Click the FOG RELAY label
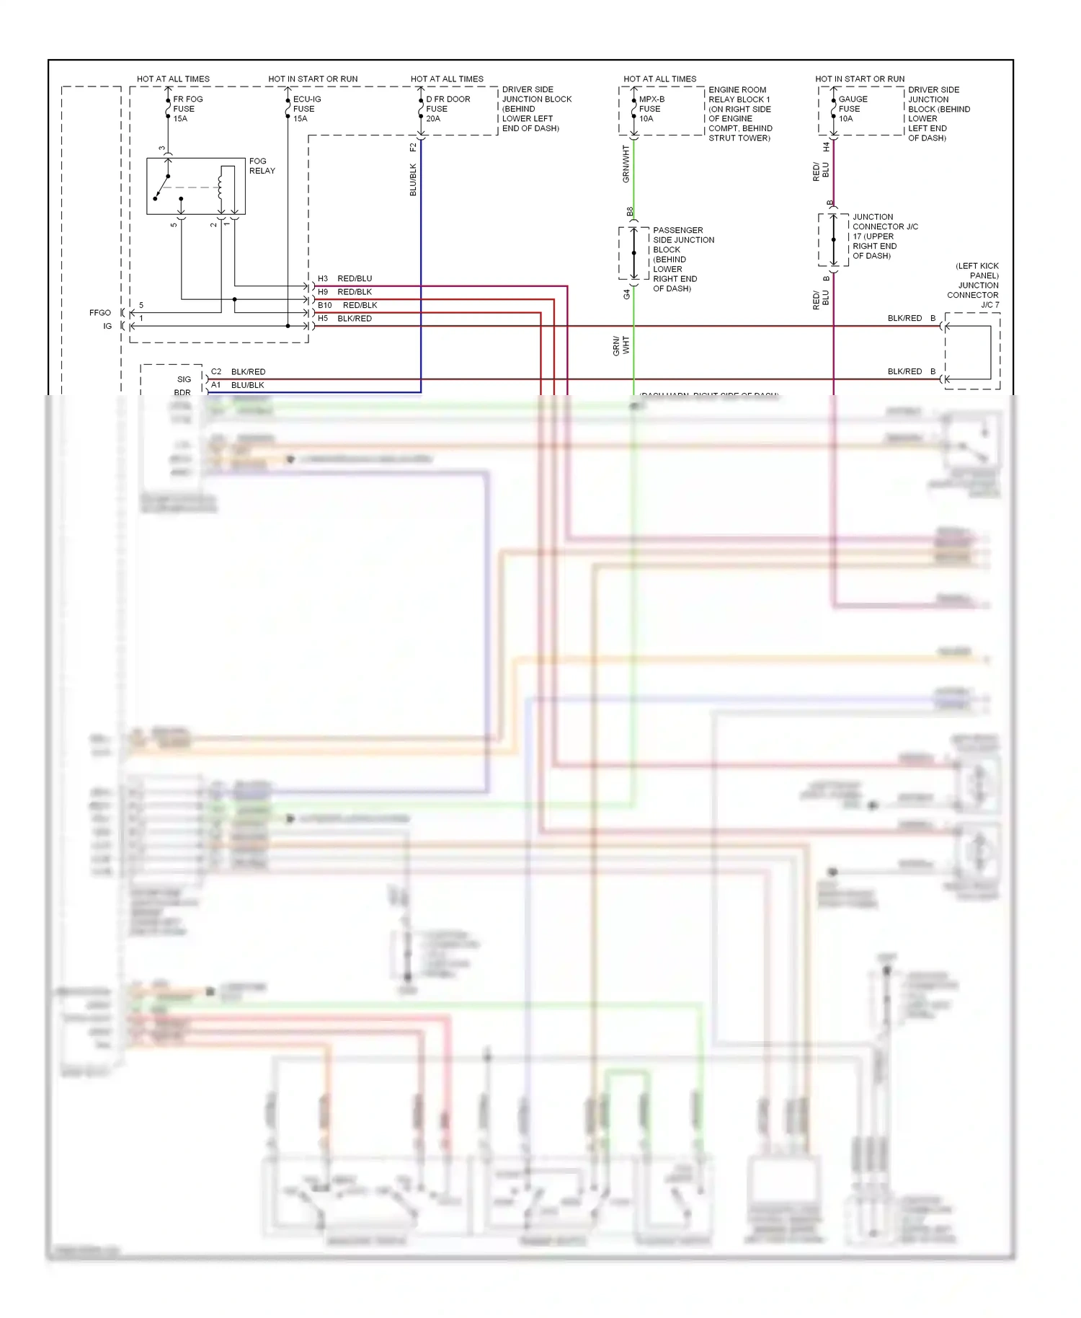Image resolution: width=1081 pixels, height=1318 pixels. pos(262,166)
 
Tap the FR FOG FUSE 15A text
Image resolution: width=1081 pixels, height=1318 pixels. pos(187,109)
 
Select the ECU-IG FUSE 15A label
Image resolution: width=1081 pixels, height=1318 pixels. pos(306,109)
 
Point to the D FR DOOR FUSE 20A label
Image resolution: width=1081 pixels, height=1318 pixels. pos(447,109)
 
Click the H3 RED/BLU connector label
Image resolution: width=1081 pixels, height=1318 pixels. pos(345,278)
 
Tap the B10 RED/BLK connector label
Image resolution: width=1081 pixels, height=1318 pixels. pos(347,305)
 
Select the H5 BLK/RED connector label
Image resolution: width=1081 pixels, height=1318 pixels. pos(345,318)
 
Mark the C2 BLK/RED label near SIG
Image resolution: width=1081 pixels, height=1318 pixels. pos(238,371)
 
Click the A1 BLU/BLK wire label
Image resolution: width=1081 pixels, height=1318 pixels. pos(238,385)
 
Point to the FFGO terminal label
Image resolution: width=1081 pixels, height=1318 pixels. pos(100,313)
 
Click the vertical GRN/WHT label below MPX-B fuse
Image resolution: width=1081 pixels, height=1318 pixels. pos(626,164)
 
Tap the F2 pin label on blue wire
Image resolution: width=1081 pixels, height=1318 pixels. pos(413,147)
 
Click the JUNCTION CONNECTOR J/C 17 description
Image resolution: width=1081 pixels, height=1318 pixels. pos(884,236)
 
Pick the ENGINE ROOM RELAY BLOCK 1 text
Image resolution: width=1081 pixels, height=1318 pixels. pos(739,114)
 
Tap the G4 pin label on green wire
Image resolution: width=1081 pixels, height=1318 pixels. pos(626,294)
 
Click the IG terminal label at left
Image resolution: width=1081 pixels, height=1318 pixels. pos(107,326)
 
